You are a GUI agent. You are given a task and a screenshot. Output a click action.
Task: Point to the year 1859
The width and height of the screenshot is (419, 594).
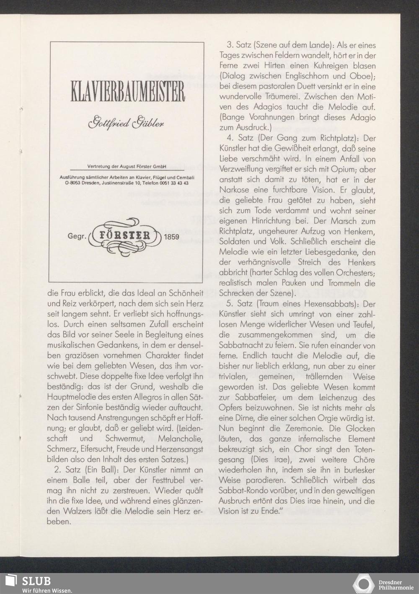point(171,237)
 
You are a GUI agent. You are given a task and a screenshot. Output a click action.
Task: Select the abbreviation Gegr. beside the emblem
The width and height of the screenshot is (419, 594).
point(77,237)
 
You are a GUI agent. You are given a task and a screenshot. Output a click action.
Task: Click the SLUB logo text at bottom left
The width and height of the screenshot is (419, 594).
point(36,581)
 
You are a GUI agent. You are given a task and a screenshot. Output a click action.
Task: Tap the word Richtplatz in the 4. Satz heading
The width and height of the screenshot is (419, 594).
point(334,138)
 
